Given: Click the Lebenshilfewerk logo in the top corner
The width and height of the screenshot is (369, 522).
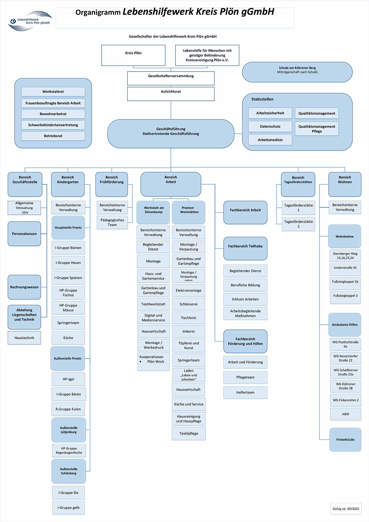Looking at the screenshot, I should (x=30, y=21).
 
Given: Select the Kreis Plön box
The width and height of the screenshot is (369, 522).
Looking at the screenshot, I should (x=133, y=55).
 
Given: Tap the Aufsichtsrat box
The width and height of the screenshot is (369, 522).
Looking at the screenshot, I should (x=171, y=94).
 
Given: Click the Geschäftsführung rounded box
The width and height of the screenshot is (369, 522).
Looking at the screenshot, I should (x=171, y=133).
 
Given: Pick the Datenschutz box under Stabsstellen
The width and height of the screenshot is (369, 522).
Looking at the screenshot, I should (x=270, y=127).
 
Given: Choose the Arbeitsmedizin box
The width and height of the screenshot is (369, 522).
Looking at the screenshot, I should (x=270, y=140).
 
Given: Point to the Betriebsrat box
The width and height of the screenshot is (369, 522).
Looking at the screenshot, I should (x=53, y=136).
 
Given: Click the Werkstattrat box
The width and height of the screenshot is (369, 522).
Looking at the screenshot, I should (x=53, y=91).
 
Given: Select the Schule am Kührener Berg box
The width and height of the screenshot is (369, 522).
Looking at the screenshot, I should (x=297, y=72).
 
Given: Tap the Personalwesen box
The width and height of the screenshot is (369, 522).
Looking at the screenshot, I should (x=24, y=234).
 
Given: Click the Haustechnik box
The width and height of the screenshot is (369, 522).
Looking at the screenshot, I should (x=24, y=338).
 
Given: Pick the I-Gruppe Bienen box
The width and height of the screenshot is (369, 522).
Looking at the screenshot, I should (x=68, y=248).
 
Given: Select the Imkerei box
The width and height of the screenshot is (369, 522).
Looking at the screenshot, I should (x=188, y=331).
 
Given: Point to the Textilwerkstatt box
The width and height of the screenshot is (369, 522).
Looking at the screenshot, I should (x=153, y=304).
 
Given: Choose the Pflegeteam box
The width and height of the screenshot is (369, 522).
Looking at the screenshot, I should (x=245, y=377).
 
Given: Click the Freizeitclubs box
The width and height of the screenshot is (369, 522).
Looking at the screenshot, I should (x=345, y=439).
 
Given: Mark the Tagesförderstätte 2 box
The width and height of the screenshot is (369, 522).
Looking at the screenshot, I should (x=298, y=224).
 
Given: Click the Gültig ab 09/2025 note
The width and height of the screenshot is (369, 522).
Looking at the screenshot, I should (x=346, y=509).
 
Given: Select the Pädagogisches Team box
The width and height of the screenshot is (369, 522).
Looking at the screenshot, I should (x=112, y=222).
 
